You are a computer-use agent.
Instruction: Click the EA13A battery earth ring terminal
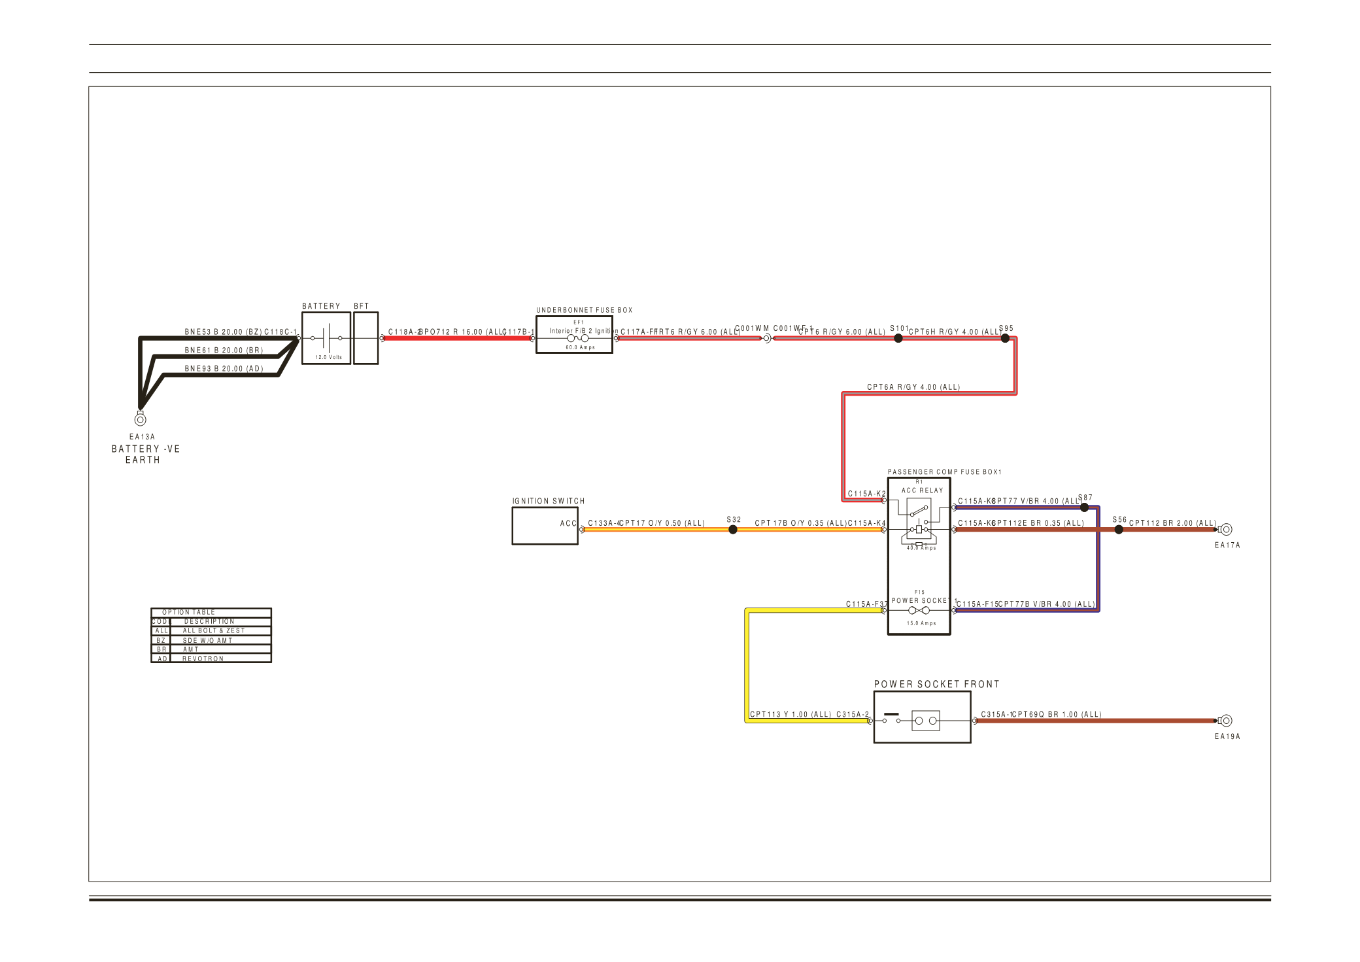[140, 419]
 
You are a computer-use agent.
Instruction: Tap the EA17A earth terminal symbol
[1226, 529]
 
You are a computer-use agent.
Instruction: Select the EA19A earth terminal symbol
[1226, 720]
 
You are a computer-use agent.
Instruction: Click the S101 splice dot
[898, 338]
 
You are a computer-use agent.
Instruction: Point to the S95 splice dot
[1005, 338]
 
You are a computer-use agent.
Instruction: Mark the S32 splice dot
[733, 530]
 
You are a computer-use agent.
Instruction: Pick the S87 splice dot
[1084, 507]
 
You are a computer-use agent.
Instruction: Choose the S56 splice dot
[1119, 530]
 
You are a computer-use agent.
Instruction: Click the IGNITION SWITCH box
[545, 526]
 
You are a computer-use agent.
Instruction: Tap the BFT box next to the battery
[365, 338]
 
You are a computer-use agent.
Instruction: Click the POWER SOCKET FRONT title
[936, 684]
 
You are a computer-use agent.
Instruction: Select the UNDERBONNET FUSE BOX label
[584, 310]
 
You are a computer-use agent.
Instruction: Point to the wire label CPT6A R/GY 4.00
[913, 387]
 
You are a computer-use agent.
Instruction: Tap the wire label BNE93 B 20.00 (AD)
[224, 369]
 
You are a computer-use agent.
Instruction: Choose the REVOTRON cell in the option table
[203, 659]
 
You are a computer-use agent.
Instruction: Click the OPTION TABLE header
[188, 612]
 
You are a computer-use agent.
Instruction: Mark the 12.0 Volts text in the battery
[328, 357]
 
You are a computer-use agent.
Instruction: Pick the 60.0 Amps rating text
[580, 347]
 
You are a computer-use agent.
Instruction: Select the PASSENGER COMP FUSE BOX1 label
[944, 472]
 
